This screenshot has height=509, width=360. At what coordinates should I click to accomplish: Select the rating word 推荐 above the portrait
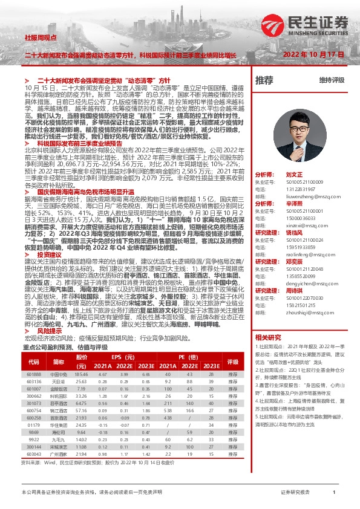tap(264, 80)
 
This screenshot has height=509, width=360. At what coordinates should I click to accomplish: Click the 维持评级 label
tap(332, 80)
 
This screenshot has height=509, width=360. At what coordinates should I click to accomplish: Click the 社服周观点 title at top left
tap(38, 37)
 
